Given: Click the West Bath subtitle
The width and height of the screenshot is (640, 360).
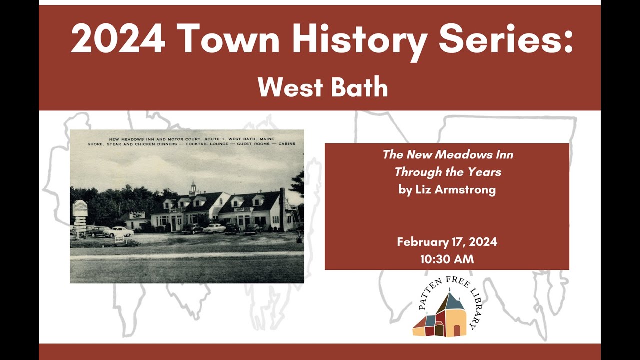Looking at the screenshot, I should click(x=323, y=88).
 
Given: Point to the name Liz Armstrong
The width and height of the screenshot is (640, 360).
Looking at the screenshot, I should click(x=447, y=190).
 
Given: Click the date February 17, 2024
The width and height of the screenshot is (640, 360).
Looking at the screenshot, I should click(x=447, y=242).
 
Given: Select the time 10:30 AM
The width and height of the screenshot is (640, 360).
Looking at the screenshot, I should click(x=447, y=259).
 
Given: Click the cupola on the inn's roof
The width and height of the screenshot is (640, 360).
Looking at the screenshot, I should click(x=193, y=188).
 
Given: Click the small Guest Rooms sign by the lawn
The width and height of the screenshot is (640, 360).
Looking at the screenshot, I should click(x=119, y=240).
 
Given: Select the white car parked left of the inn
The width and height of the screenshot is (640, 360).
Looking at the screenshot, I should click(x=120, y=232).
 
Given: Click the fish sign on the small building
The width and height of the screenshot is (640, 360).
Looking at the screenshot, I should click(x=136, y=215).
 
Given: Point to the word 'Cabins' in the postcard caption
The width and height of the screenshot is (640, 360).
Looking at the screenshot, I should click(x=285, y=144).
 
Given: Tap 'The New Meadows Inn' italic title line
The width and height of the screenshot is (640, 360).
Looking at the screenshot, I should click(x=448, y=155).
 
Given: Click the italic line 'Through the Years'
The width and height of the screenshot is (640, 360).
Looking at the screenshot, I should click(x=448, y=172).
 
